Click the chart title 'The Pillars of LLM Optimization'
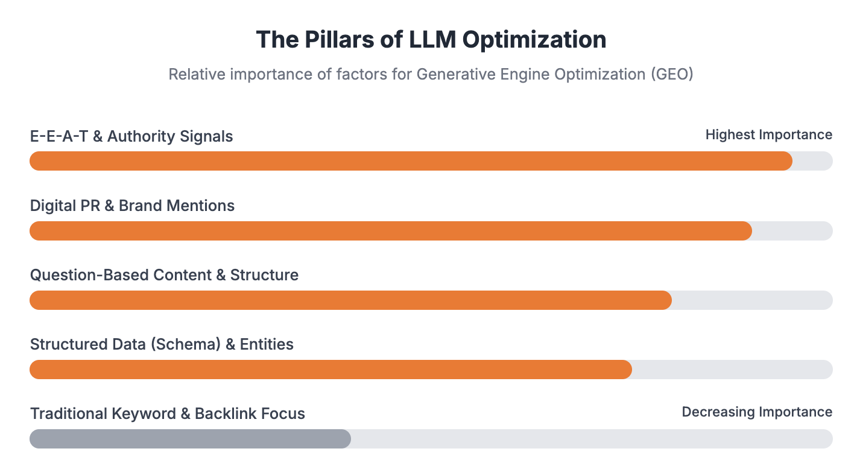(431, 40)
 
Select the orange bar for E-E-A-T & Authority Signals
(410, 161)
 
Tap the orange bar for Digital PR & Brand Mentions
(390, 231)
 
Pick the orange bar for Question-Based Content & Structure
(350, 300)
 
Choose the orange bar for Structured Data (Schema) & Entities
(330, 370)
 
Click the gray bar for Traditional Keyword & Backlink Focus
(189, 439)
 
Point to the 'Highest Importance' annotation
(768, 135)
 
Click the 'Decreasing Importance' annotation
(757, 412)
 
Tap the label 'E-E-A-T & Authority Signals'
(131, 136)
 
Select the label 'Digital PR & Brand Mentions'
(132, 206)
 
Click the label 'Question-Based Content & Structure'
(164, 275)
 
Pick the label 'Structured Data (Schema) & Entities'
(162, 344)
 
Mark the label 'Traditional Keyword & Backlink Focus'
(168, 414)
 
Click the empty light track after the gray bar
(591, 439)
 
